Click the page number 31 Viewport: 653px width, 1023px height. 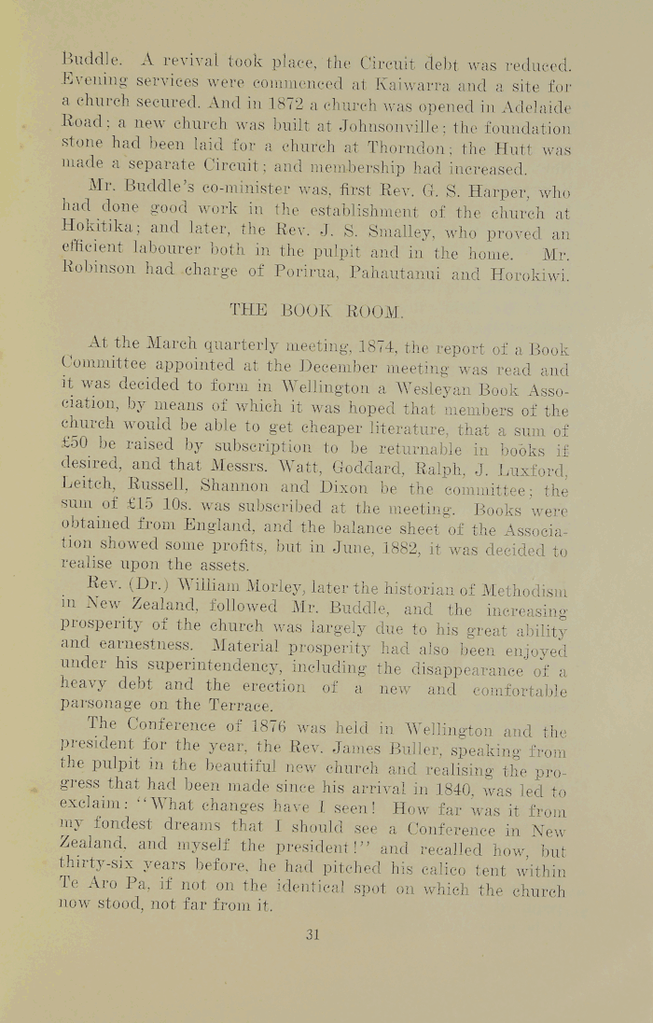pos(313,933)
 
